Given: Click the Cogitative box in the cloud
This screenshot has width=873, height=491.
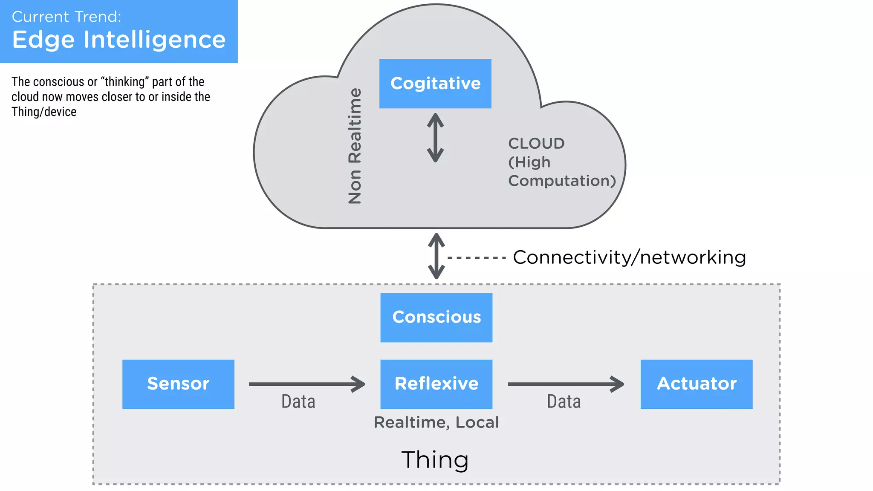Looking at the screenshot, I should pos(435,84).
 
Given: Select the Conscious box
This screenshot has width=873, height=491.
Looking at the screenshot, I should pos(436,317).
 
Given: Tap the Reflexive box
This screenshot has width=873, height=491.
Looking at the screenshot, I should pos(436,384).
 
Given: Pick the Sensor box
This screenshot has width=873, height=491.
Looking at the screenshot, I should pos(178,384).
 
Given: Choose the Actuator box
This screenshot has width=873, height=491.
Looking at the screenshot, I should pos(696,384).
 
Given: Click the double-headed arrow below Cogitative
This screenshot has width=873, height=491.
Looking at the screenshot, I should pos(435,138).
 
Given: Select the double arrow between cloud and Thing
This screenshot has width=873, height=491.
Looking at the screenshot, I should pos(436,256).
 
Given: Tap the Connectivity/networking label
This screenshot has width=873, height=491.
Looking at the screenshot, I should pos(629,257).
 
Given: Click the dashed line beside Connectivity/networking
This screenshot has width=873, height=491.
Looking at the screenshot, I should pos(476,258).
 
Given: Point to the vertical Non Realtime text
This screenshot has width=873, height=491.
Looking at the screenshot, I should pos(355,146).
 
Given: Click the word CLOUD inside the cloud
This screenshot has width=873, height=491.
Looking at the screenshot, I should pos(536,144).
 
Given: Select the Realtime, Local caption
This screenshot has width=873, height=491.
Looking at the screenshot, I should pos(436,422).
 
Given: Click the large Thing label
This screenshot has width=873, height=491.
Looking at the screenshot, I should pos(435,460).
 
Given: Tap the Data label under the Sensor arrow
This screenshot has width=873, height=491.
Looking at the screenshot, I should pos(298,401).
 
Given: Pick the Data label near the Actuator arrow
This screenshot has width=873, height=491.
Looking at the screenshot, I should pos(564,401).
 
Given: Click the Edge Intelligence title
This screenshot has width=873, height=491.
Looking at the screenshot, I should pos(119,40).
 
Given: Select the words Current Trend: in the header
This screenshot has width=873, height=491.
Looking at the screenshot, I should pos(66,17).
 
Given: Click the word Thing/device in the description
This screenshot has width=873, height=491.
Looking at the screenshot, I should pos(44,112).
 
